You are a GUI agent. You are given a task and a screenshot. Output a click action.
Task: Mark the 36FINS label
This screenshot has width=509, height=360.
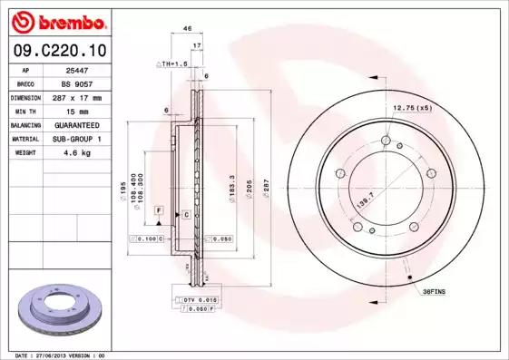tap(435, 292)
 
